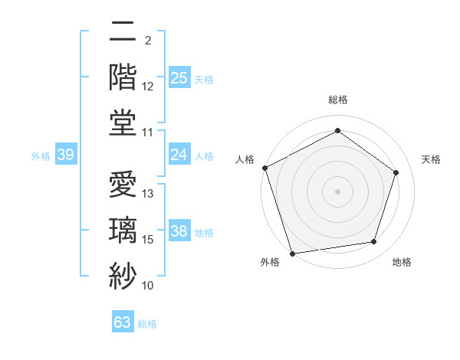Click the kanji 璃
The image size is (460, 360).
(x=123, y=228)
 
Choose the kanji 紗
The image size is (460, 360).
(x=123, y=274)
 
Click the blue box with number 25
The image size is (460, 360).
(x=179, y=77)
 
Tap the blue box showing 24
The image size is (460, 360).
(x=179, y=155)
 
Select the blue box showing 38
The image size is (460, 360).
(x=179, y=231)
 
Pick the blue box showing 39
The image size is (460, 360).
(x=65, y=155)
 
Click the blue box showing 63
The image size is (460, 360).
(x=122, y=322)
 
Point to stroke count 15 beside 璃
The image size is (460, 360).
(x=148, y=240)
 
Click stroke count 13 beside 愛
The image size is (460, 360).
(x=148, y=194)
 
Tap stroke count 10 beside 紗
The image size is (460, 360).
(x=148, y=286)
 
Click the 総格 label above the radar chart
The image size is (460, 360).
(x=337, y=100)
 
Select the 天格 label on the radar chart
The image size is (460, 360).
(x=431, y=159)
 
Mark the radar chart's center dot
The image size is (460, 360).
(x=337, y=191)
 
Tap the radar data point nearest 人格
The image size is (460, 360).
(x=264, y=168)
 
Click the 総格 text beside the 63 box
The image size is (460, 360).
(x=147, y=324)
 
